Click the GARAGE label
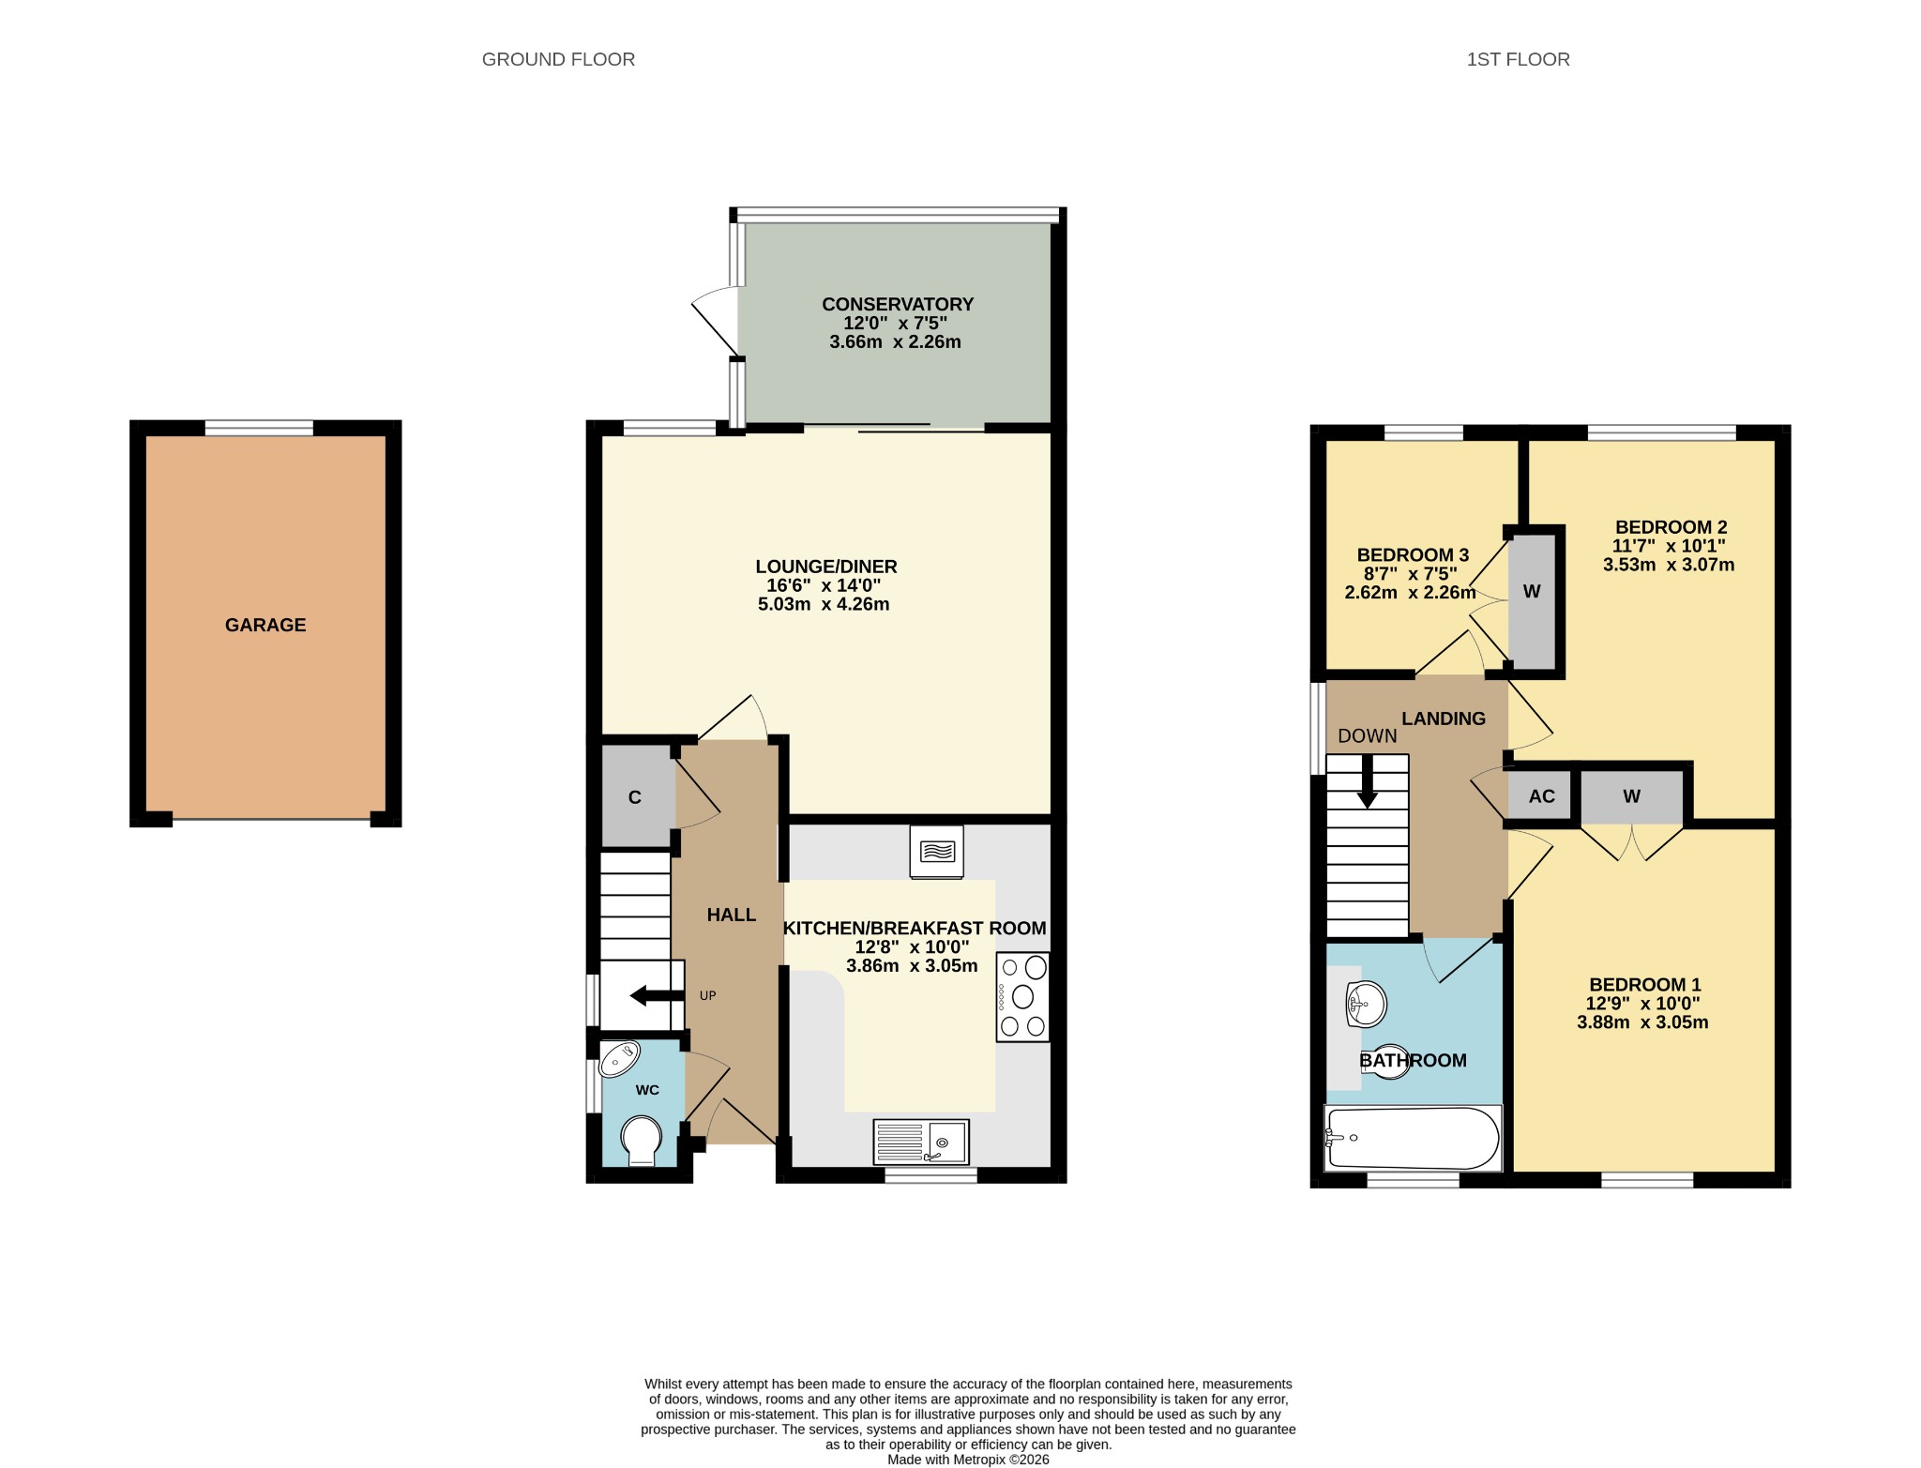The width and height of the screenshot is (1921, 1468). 265,625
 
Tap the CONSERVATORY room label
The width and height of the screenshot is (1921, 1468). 898,304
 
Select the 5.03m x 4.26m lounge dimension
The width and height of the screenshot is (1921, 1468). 824,604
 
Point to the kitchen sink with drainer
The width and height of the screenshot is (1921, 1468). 921,1142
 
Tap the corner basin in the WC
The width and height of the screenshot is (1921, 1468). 620,1060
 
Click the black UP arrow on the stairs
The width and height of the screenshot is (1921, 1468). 657,995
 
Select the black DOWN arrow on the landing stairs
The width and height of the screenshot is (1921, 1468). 1368,780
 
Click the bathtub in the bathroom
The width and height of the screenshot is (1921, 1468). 1413,1139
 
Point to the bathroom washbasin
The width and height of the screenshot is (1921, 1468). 1366,1006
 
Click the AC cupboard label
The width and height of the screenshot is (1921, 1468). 1542,796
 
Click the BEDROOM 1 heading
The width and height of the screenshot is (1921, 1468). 1645,985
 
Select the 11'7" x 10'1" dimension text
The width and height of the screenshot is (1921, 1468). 1669,546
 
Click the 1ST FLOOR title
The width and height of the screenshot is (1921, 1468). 1518,59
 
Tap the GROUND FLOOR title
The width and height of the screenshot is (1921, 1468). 558,59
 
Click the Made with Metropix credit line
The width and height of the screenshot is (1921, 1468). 968,1460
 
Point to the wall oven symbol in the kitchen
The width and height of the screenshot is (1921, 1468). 937,852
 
